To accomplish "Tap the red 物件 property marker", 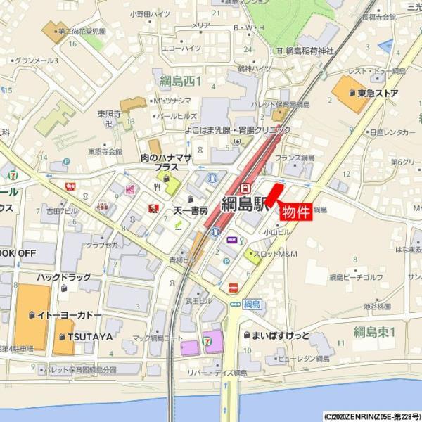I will tap(295, 210).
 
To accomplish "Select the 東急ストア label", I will tap(378, 94).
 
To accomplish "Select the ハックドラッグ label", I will tap(65, 278).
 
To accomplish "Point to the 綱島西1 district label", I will tap(181, 81).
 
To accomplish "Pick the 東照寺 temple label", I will tap(110, 113).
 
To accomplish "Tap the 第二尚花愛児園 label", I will tap(82, 32).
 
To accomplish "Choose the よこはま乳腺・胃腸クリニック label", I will tap(238, 130).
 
